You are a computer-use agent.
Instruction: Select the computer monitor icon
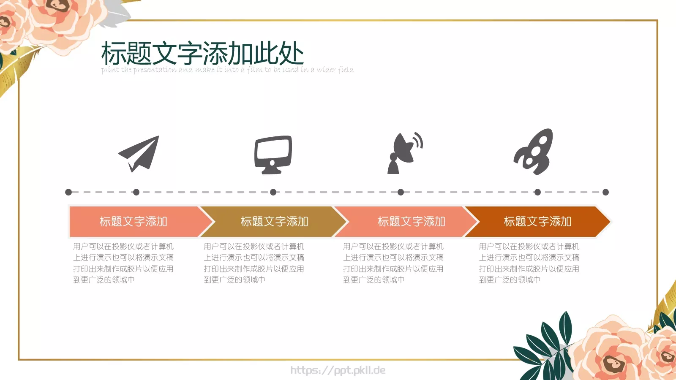point(273,154)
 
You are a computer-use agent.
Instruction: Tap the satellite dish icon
point(404,153)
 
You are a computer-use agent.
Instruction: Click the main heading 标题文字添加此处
point(202,53)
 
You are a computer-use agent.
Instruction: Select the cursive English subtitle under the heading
point(227,70)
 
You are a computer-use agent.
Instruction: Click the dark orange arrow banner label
point(537,222)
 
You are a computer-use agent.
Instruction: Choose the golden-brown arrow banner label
point(274,222)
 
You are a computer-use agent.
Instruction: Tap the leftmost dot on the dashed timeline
point(68,192)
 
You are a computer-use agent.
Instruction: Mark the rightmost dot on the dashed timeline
point(605,192)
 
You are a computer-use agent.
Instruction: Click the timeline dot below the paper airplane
point(136,192)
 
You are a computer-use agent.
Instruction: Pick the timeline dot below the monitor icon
point(273,192)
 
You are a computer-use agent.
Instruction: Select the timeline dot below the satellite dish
point(401,192)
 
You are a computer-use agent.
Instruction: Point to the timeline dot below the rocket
point(537,192)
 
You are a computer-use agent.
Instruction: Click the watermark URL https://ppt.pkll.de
point(338,370)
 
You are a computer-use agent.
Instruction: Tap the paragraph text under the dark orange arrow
point(529,263)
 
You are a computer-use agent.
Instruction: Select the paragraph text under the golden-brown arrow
point(253,263)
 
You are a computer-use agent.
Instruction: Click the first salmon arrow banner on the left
point(134,222)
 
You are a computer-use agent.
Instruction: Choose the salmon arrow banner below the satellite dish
point(411,222)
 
